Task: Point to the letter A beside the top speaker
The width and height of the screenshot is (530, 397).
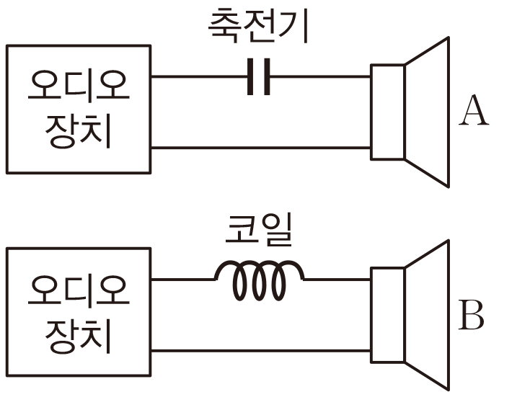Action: pos(473,111)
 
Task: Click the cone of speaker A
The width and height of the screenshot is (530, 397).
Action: pos(428,112)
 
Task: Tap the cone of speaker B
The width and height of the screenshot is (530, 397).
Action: pos(428,315)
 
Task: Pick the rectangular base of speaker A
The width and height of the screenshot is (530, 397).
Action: pos(388,112)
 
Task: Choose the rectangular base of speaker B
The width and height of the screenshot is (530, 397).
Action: pos(388,315)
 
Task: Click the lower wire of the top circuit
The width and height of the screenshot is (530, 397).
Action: pos(260,148)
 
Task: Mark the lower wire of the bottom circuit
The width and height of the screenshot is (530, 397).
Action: pos(260,351)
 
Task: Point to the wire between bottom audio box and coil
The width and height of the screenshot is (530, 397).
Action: pos(183,279)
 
